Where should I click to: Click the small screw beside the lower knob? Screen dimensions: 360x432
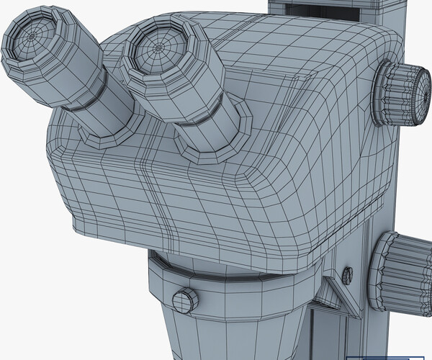pyautogui.click(x=348, y=274)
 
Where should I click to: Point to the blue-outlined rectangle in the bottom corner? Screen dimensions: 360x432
pyautogui.click(x=385, y=357)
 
